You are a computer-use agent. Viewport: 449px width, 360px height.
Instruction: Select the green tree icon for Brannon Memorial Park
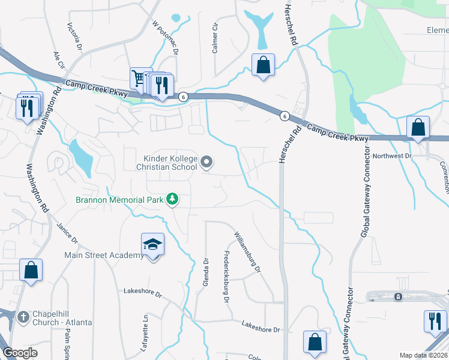coord(172,199)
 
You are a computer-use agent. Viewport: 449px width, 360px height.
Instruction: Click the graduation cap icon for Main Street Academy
coord(152,245)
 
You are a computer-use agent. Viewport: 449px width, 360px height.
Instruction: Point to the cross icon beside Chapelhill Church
coord(23,316)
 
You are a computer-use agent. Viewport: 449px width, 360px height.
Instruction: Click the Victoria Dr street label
coord(74,37)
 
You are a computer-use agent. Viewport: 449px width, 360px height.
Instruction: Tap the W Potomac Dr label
coord(167,39)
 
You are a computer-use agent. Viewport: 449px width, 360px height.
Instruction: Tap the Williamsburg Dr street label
coord(248,252)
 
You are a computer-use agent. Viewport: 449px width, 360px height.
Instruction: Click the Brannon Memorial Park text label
coord(119,200)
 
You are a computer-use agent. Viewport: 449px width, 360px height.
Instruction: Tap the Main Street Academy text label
coord(104,256)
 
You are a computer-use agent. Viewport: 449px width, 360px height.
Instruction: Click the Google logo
coord(20,353)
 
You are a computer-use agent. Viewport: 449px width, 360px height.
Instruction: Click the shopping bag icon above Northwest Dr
coord(418,127)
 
